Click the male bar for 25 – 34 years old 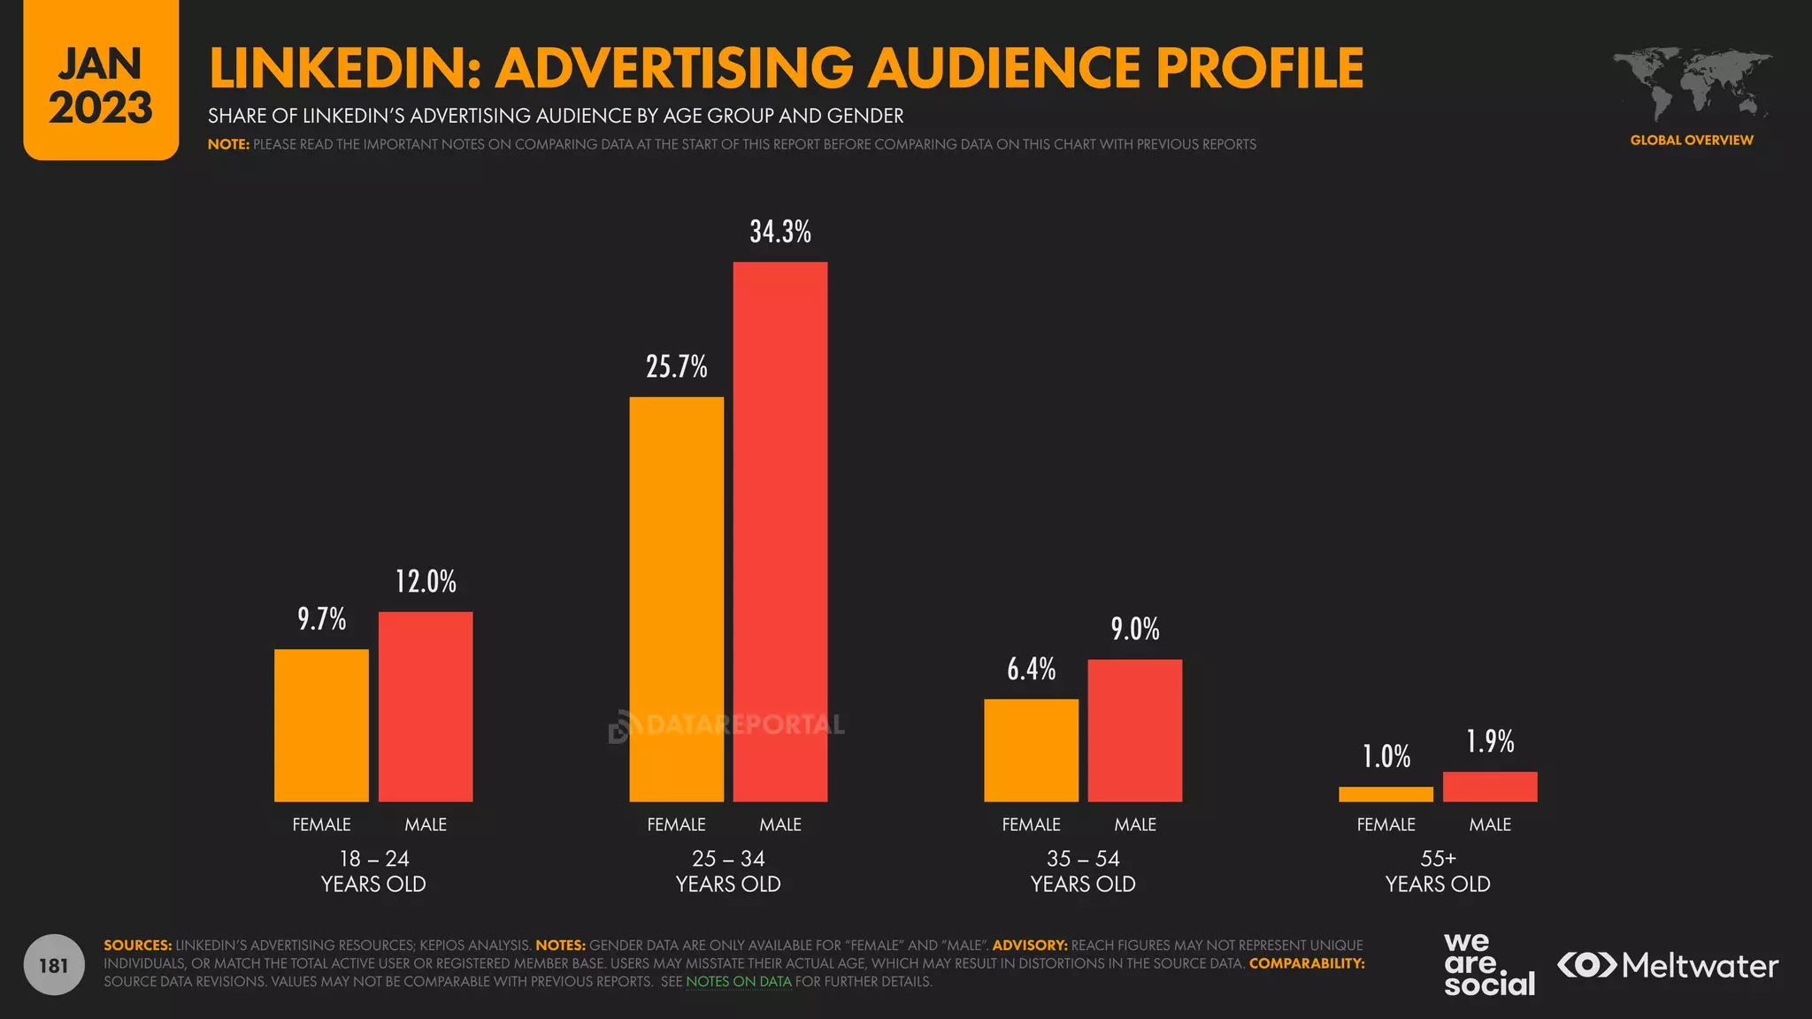coord(780,531)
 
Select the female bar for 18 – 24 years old coord(321,725)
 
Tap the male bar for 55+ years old coord(1490,786)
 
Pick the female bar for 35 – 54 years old coord(1031,750)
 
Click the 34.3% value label coord(780,232)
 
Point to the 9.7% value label coord(321,618)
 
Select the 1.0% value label coord(1386,756)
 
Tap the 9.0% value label coord(1134,629)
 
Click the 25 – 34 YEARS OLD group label coord(728,871)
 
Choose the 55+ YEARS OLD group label coord(1438,871)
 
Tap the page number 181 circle coord(54,965)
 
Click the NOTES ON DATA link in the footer coord(739,982)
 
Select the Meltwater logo coord(1668,965)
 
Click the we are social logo coord(1489,965)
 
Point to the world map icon coord(1692,84)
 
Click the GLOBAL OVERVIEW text coord(1692,140)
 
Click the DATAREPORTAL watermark coord(727,725)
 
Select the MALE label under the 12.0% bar coord(426,824)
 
